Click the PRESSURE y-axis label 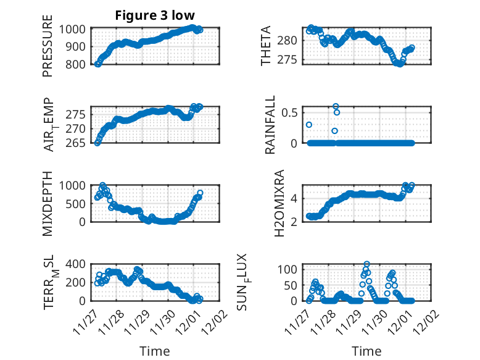(48, 50)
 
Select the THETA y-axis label (266, 45)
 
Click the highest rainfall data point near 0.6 (336, 107)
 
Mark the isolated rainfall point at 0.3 (309, 125)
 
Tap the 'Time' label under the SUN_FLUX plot (366, 351)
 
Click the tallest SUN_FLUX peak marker (367, 264)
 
